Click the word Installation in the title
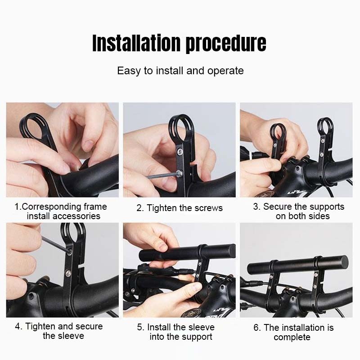click(136, 43)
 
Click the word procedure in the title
click(226, 44)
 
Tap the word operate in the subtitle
click(225, 71)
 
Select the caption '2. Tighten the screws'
click(180, 208)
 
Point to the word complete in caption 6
click(292, 337)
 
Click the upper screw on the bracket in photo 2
click(180, 151)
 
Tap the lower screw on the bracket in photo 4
click(68, 273)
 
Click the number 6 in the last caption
click(256, 328)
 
